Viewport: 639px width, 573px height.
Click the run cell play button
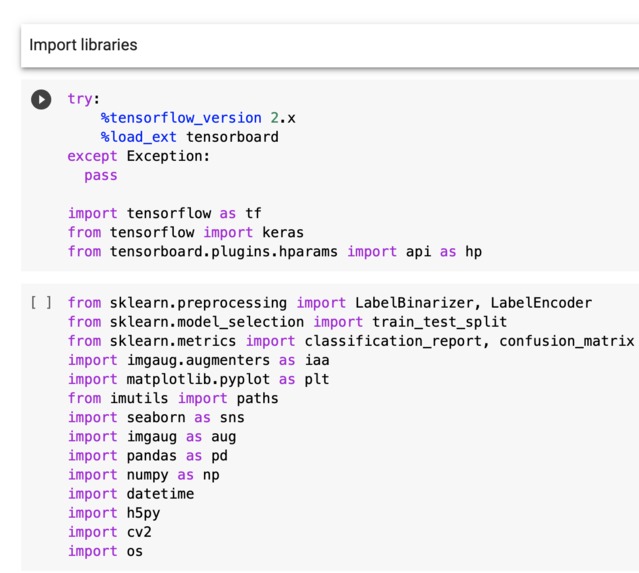(x=41, y=99)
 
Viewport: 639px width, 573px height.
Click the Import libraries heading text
(x=83, y=45)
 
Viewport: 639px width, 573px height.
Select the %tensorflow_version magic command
(x=181, y=118)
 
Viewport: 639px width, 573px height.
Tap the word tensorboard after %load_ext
(x=232, y=137)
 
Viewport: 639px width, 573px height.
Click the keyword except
(x=93, y=156)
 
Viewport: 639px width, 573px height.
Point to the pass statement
(x=101, y=176)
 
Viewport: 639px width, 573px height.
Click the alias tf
(x=253, y=213)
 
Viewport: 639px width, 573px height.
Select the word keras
(x=283, y=232)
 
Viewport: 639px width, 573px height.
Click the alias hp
(x=474, y=251)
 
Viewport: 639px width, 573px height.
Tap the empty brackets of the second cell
(x=41, y=303)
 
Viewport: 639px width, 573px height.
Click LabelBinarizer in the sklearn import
(x=414, y=303)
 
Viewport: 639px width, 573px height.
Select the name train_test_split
(x=440, y=322)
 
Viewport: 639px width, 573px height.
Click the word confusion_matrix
(x=567, y=341)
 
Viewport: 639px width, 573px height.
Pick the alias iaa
(x=317, y=360)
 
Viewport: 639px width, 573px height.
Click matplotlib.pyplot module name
(x=198, y=379)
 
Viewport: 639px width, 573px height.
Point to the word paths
(x=258, y=398)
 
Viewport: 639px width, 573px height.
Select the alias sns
(x=232, y=417)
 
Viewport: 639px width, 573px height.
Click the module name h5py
(x=143, y=513)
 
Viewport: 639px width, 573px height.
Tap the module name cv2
(x=139, y=532)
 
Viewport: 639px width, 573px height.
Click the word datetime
(x=160, y=494)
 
